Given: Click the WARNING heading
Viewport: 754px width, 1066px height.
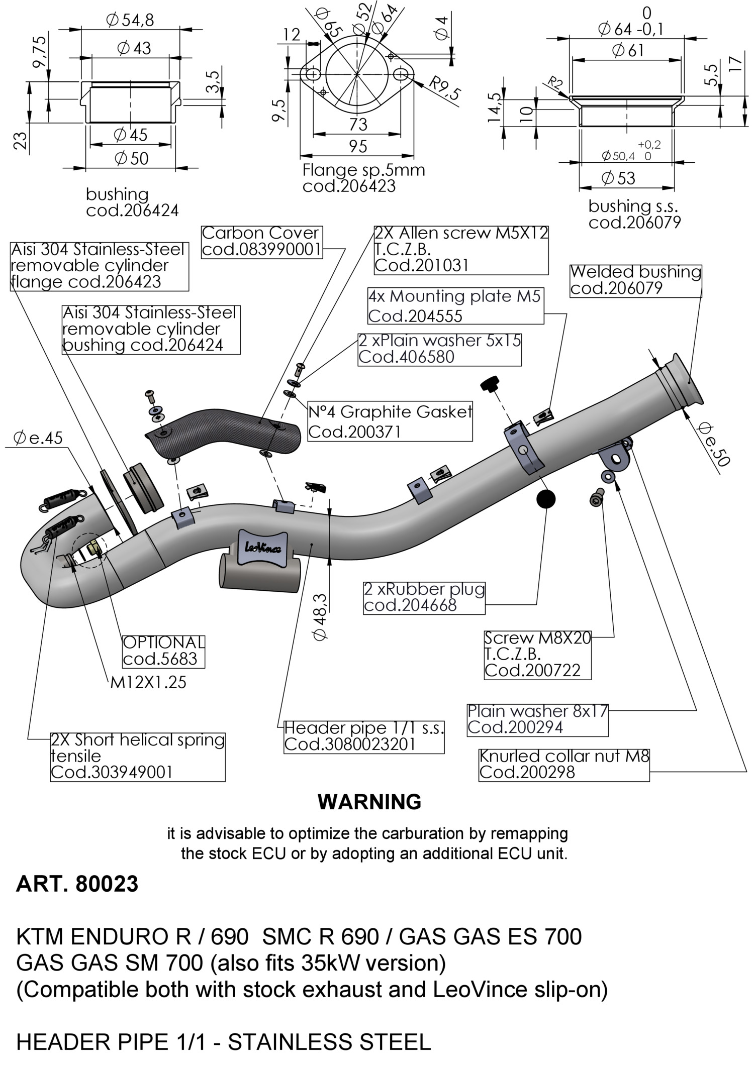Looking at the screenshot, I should pyautogui.click(x=369, y=802).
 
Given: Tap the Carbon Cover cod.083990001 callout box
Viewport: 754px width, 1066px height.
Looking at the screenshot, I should pyautogui.click(x=261, y=241).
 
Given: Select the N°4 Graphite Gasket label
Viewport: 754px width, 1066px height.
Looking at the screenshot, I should pyautogui.click(x=390, y=421).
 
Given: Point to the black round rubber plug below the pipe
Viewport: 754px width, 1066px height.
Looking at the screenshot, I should pyautogui.click(x=546, y=498).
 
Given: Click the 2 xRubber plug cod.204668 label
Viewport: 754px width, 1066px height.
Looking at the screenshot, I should pyautogui.click(x=424, y=597).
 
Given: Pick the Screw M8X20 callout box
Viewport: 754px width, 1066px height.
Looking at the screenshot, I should pyautogui.click(x=537, y=654).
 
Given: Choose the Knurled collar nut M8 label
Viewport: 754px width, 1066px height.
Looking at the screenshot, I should pyautogui.click(x=564, y=764).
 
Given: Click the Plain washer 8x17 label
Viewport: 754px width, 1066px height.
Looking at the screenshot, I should pyautogui.click(x=537, y=719).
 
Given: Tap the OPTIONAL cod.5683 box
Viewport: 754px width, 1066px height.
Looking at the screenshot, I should pyautogui.click(x=164, y=651).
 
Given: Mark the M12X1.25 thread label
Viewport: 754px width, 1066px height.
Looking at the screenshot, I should pyautogui.click(x=148, y=682).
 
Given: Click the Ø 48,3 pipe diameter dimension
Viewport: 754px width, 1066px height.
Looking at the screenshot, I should pyautogui.click(x=320, y=616).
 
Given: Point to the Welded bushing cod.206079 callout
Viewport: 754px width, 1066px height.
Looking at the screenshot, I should pyautogui.click(x=635, y=280).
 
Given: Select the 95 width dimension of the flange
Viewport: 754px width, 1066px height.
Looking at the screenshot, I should pyautogui.click(x=357, y=147).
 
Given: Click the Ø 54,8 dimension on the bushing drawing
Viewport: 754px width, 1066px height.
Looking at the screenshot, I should pyautogui.click(x=130, y=20).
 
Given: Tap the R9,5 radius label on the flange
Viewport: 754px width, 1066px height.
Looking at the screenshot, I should pyautogui.click(x=444, y=89).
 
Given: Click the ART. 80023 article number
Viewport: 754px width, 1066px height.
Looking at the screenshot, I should pyautogui.click(x=77, y=884).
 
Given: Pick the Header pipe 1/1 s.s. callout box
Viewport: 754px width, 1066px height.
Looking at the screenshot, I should pyautogui.click(x=364, y=736).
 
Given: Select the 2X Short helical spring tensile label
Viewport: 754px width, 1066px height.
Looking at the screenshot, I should pyautogui.click(x=138, y=756).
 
